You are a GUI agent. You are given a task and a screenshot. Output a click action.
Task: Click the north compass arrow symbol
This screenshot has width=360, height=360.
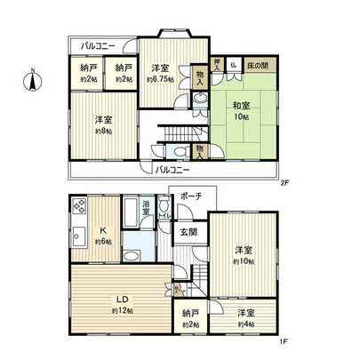pos(32,79)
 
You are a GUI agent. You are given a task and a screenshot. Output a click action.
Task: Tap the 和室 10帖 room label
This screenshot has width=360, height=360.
pos(241,109)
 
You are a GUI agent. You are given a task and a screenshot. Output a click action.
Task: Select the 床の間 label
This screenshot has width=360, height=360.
pos(258,65)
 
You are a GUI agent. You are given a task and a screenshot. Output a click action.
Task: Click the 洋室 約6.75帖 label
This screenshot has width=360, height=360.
pos(161,73)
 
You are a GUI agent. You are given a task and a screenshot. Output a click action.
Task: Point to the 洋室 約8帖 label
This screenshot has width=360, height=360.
pos(105,124)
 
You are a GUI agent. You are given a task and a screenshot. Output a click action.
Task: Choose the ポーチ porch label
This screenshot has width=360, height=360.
pos(190,196)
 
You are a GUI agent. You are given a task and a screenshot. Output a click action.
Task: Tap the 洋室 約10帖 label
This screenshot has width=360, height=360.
pos(242,255)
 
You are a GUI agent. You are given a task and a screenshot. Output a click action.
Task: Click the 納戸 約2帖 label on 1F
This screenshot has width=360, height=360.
pos(188,318)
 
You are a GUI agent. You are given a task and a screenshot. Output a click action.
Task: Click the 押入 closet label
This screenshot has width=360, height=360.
pos(219,65)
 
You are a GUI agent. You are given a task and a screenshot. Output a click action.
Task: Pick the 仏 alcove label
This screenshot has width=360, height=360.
pos(232,65)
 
